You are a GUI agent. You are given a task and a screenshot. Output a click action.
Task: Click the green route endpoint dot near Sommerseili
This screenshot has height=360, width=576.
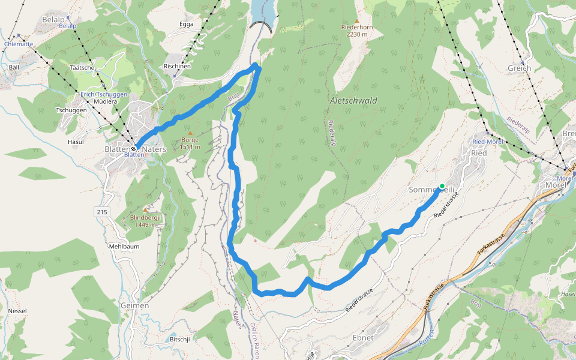point(442,186)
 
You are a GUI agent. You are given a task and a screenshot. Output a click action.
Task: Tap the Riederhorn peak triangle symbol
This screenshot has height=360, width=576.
point(357,20)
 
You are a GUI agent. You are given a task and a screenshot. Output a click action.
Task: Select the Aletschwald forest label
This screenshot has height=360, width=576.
point(353,101)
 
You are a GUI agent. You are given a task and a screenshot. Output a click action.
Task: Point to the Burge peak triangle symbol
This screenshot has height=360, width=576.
point(190,133)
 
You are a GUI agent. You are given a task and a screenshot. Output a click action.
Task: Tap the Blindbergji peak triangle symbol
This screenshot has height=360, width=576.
point(145,209)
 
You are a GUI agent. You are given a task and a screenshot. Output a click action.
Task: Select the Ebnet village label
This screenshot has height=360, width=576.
point(363,337)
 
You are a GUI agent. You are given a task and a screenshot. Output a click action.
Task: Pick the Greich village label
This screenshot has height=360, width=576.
point(519,68)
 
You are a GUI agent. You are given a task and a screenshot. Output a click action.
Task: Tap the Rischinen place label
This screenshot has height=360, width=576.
point(177,66)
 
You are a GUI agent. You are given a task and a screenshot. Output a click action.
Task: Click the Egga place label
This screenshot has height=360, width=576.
point(187,24)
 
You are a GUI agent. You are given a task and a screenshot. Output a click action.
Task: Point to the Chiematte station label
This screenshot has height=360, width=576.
point(19,44)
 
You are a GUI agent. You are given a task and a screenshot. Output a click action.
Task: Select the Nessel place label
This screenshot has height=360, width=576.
point(17,311)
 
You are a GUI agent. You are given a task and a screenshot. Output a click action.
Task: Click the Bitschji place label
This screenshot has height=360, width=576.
point(180,339)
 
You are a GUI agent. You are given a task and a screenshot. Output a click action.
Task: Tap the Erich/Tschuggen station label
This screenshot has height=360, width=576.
point(104,95)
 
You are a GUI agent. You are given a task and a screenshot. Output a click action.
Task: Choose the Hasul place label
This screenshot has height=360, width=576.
point(76,142)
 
